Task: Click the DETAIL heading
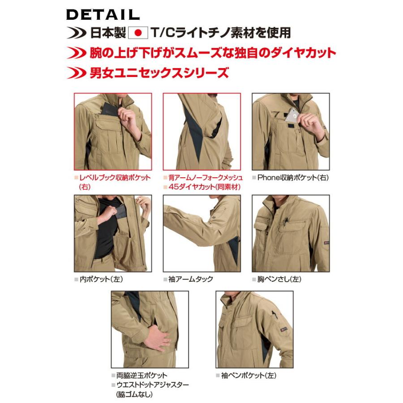click(x=103, y=14)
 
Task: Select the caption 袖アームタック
click(x=191, y=279)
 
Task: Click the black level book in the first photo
click(x=109, y=109)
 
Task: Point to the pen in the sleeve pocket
click(x=274, y=314)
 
